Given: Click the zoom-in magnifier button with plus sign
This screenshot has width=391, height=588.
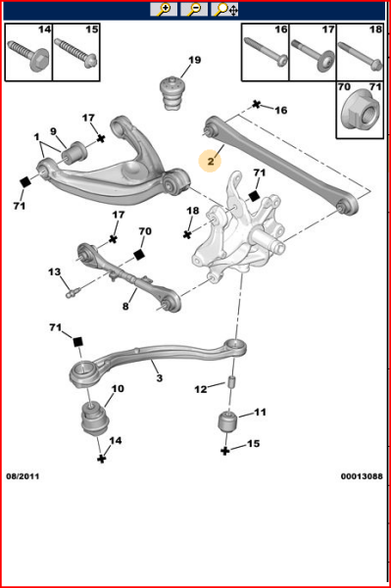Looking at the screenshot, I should coord(164,9).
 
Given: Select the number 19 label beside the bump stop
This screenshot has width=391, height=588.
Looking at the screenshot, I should coord(194,61).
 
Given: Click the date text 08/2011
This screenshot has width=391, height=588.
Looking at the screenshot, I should coord(26,476).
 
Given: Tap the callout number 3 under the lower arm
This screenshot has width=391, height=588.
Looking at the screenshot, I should coord(158,377).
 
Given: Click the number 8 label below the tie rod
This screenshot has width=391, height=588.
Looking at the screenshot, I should coord(125,306).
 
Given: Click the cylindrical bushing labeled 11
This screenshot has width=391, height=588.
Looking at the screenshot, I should coord(232,424).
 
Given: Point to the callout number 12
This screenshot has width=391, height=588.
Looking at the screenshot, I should coord(200,389).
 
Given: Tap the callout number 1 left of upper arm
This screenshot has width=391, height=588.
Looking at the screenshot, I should coord(36,136).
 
